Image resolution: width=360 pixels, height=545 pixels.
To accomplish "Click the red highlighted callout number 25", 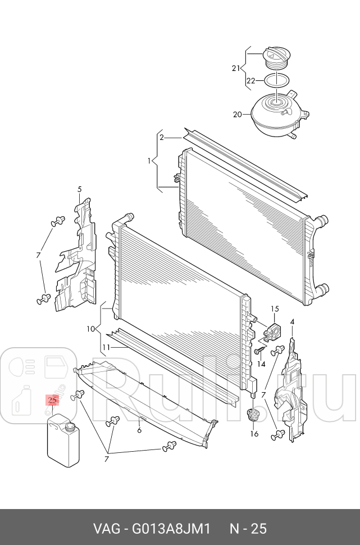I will pyautogui.click(x=52, y=401).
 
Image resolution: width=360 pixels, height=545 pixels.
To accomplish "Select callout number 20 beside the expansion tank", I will pyautogui.click(x=237, y=115).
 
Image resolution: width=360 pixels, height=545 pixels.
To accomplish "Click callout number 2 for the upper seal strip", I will pyautogui.click(x=161, y=137).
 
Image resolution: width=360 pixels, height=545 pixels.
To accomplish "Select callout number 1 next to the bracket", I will pyautogui.click(x=149, y=161).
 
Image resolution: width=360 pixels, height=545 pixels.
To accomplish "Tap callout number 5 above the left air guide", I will pyautogui.click(x=80, y=189).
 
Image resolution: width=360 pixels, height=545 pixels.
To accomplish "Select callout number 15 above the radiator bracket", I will pyautogui.click(x=275, y=308).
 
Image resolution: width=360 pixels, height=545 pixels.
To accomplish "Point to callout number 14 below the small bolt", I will pyautogui.click(x=261, y=364).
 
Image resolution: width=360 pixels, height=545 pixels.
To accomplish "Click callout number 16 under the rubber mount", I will pyautogui.click(x=254, y=433).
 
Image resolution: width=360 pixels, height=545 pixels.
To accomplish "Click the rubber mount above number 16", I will pyautogui.click(x=253, y=415).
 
